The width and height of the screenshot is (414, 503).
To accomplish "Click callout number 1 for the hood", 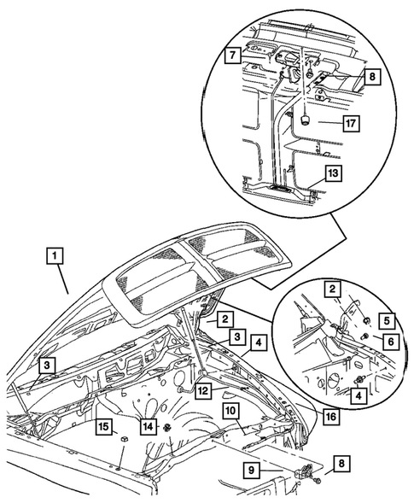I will point(55,255).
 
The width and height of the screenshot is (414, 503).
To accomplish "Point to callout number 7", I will point(231,58).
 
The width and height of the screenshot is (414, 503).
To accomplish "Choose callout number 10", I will point(230,411).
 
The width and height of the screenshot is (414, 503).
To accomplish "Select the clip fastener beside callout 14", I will point(167,427).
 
